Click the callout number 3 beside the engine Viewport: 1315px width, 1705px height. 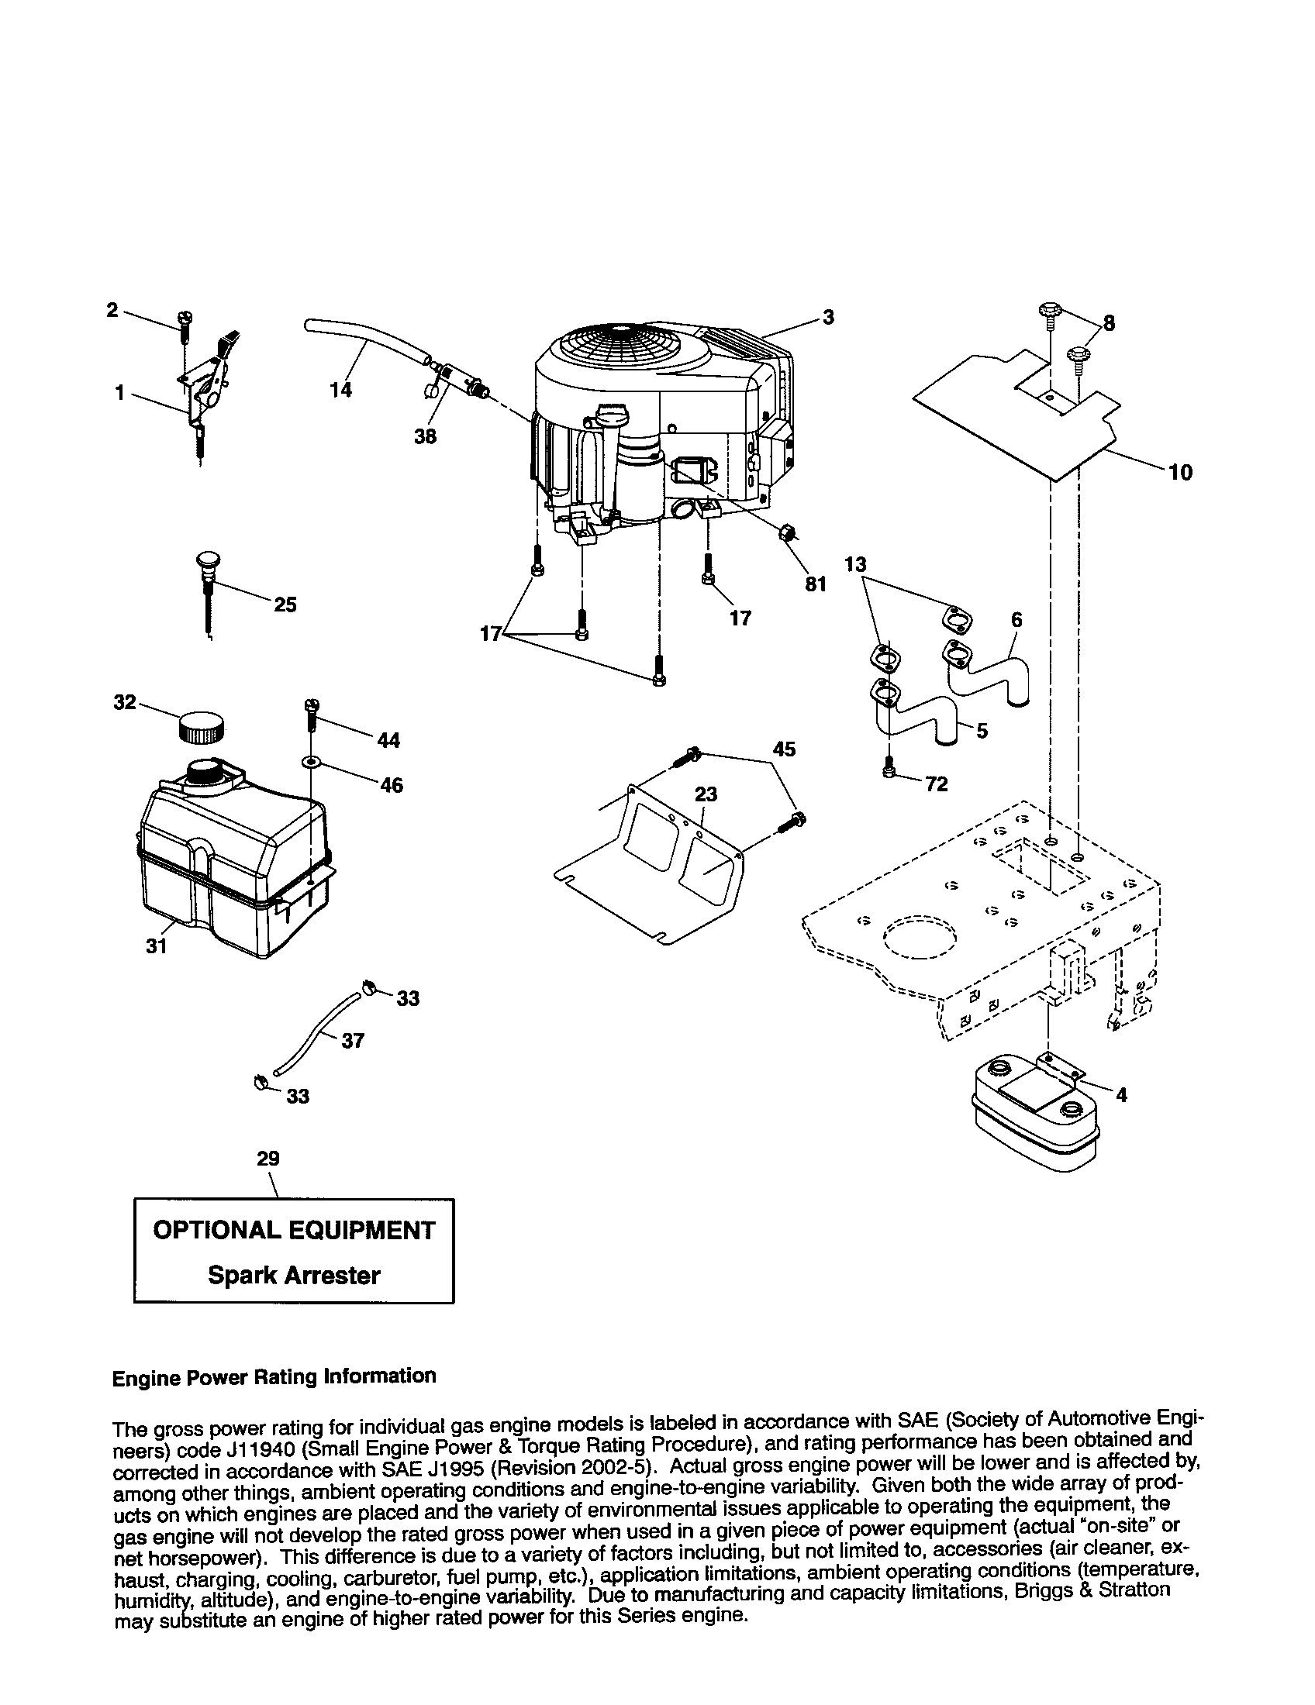coord(828,317)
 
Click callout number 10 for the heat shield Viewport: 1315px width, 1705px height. coord(1181,472)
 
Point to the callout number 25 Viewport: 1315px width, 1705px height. coord(285,604)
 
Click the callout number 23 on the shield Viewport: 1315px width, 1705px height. coord(706,794)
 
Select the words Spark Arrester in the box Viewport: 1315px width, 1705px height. coord(294,1276)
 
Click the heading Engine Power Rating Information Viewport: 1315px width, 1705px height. coord(274,1376)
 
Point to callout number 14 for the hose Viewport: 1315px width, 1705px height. coord(340,389)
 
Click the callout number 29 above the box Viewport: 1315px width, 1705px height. coord(267,1159)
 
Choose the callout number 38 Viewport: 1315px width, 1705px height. coord(425,436)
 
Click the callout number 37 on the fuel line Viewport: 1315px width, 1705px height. coord(353,1041)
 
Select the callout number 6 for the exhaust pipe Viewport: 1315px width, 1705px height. coord(1016,620)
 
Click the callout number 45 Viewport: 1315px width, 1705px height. coord(784,749)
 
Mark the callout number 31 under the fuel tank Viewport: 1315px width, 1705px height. coord(157,946)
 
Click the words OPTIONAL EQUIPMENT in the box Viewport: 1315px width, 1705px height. coord(294,1231)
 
